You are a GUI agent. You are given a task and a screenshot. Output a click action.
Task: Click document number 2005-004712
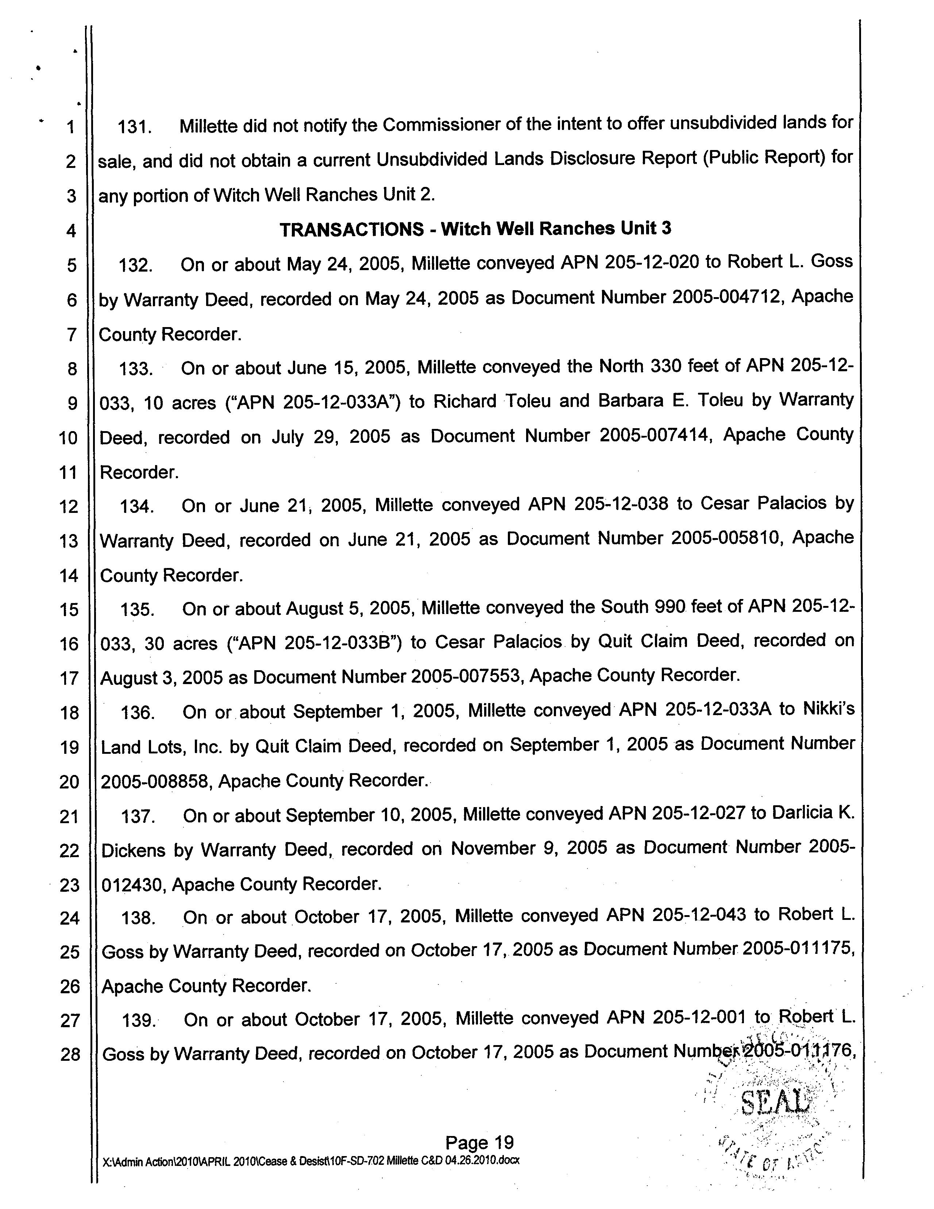click(x=727, y=297)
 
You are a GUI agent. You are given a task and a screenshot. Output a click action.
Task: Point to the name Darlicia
click(x=802, y=813)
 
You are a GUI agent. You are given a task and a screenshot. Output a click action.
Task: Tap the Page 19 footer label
click(x=479, y=1142)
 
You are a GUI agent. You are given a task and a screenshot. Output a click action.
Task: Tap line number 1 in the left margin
click(x=70, y=127)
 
